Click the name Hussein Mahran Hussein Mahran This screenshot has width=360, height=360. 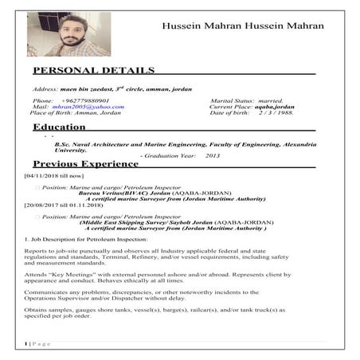pos(242,25)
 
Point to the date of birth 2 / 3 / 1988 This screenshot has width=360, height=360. pos(276,113)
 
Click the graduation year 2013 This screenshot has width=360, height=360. pos(212,155)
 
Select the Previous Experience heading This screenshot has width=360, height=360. pos(85,164)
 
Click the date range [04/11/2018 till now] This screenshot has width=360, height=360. pos(54,174)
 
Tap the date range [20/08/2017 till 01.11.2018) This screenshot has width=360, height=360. pos(64,205)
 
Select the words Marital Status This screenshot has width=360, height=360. pos(232,100)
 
